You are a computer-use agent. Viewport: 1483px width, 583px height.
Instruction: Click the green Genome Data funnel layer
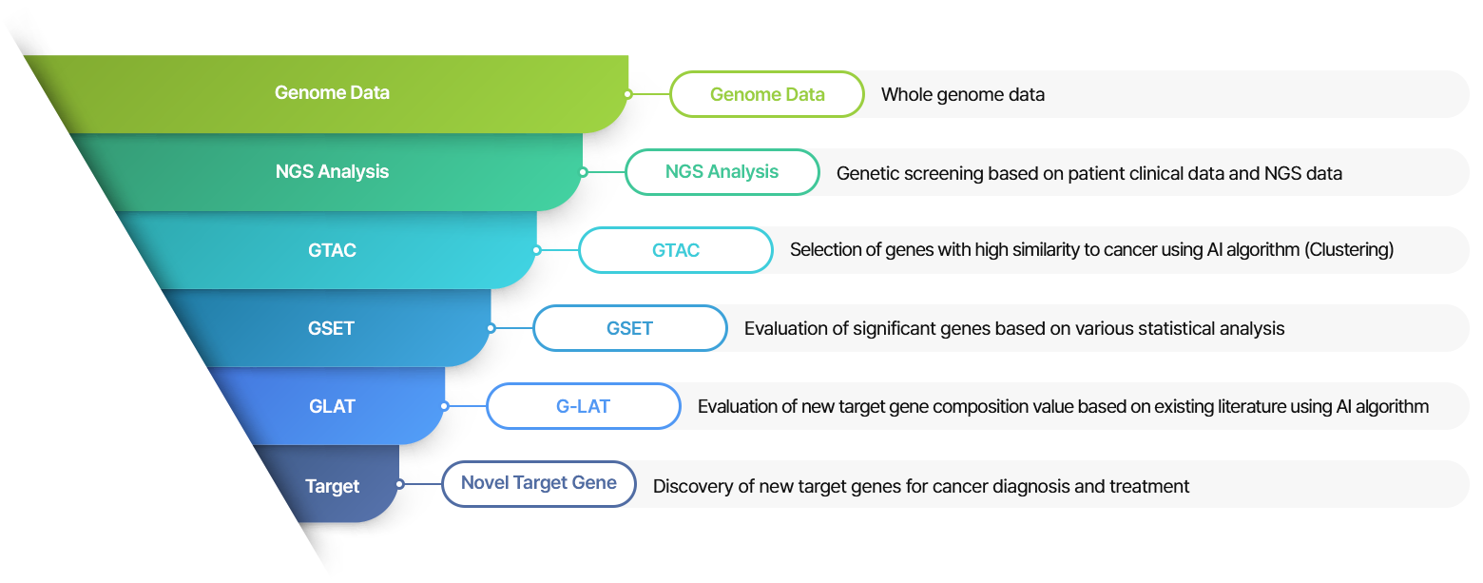332,93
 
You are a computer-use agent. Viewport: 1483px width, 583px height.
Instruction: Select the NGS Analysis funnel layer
332,172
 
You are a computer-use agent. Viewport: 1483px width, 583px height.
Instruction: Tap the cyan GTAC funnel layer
332,251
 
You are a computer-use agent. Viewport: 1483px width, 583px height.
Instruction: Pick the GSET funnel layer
332,329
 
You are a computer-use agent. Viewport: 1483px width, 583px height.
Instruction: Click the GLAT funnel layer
332,407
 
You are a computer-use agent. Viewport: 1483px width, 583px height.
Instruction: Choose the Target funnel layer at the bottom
332,486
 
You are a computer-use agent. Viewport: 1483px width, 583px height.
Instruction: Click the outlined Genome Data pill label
767,94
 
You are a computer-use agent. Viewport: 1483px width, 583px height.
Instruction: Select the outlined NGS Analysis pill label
722,172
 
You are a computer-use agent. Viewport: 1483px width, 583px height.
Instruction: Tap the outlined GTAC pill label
676,250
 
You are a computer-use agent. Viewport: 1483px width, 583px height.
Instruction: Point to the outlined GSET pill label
629,328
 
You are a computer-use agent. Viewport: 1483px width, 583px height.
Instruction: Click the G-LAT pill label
583,406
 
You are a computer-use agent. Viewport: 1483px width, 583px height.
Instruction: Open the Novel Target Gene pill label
538,483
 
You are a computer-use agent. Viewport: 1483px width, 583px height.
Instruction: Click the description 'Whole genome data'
962,94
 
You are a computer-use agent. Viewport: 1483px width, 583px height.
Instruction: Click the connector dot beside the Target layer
400,484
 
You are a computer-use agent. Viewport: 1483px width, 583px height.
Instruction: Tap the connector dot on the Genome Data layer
628,94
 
